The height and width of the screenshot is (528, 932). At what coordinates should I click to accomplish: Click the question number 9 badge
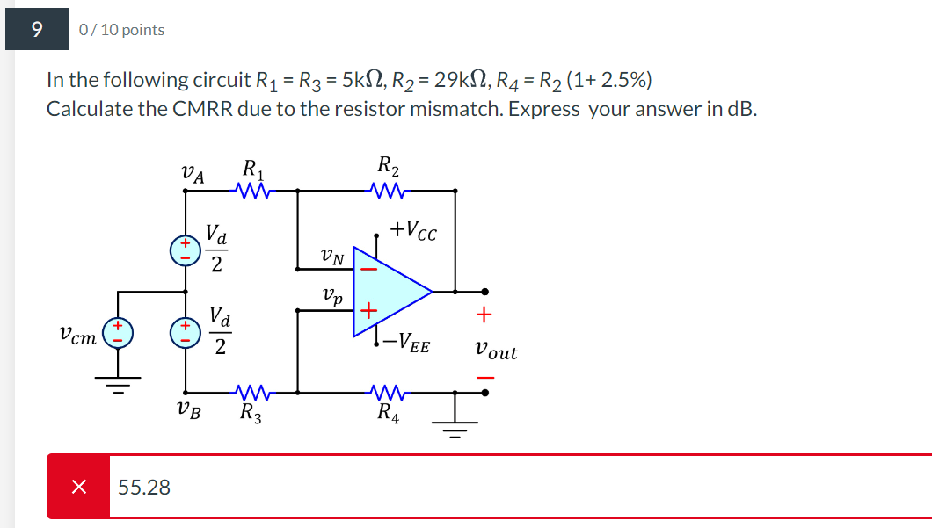point(36,30)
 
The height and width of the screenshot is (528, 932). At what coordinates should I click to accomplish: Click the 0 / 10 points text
point(121,30)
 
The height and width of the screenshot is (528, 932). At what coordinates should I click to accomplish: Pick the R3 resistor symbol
point(252,392)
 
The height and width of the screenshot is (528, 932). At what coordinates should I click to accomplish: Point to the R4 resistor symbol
point(387,392)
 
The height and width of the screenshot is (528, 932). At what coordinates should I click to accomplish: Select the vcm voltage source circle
point(117,334)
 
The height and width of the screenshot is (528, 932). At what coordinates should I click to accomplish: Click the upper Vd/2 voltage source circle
point(185,250)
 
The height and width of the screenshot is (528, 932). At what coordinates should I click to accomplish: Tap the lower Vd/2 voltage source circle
point(185,334)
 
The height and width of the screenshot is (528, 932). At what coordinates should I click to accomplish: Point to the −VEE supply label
point(408,344)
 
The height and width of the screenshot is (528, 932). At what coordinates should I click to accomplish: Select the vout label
point(495,351)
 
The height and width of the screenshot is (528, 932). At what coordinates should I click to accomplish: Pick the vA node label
point(192,175)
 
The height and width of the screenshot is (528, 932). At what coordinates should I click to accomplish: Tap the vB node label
point(187,409)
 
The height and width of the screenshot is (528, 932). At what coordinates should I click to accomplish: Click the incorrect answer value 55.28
point(144,487)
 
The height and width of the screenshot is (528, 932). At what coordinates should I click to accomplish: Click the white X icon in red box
point(78,487)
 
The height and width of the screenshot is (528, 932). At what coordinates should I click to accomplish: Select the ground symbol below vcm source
point(117,385)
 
